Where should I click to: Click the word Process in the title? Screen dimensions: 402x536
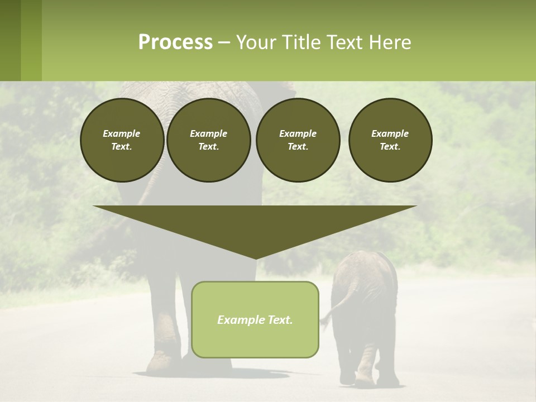click(175, 42)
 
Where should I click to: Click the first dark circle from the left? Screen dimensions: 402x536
click(122, 140)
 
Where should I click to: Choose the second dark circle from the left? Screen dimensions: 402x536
click(208, 140)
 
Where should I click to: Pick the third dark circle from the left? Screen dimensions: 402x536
click(298, 140)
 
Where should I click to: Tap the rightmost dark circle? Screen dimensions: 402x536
click(390, 140)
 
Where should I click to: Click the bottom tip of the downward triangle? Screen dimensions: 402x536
click(256, 259)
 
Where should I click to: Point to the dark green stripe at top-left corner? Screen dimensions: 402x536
click(10, 40)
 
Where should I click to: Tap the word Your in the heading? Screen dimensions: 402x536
click(255, 42)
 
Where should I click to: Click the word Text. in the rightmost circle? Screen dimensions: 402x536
click(390, 147)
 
